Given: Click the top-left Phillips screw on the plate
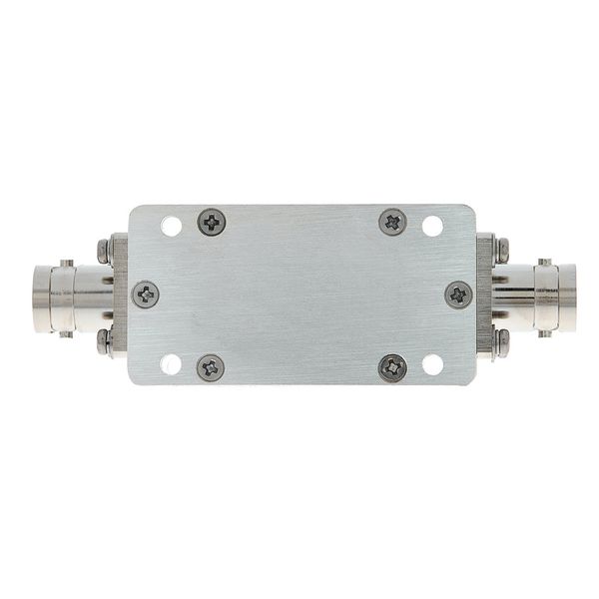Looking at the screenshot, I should click(x=212, y=222).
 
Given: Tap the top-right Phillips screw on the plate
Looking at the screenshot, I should click(x=392, y=222).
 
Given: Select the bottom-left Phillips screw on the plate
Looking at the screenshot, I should click(x=211, y=367).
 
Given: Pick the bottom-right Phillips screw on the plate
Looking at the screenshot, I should click(x=392, y=367).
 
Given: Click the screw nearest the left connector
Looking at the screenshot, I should click(x=146, y=295).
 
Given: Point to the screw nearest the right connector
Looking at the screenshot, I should click(x=458, y=295).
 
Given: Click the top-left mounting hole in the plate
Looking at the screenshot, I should click(x=172, y=226).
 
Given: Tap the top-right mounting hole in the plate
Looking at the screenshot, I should click(x=432, y=226).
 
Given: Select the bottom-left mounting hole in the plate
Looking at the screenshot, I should click(x=172, y=363).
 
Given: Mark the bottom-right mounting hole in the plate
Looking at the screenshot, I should click(x=432, y=363).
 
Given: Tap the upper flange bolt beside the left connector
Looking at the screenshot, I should click(x=104, y=250).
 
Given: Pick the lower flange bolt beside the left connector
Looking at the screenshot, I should click(x=104, y=341).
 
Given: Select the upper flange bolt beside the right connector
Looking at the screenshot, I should click(x=501, y=250).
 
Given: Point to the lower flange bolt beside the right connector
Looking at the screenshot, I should click(x=501, y=341).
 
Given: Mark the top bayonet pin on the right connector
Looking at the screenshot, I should click(x=544, y=263).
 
